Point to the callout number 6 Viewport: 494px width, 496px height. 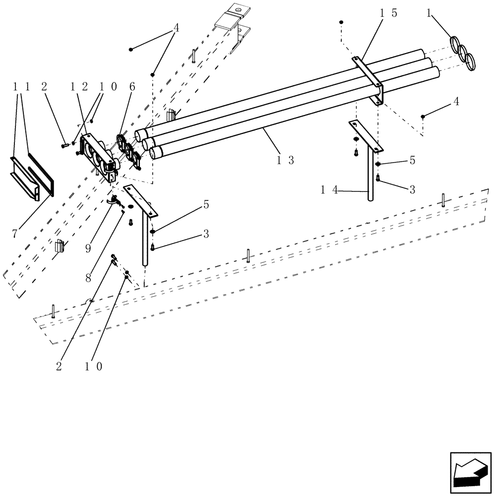[132, 86]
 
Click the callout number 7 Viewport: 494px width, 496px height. [15, 233]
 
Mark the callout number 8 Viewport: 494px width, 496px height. [88, 278]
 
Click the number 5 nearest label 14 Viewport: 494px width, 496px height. [412, 161]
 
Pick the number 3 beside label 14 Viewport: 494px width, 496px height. [412, 189]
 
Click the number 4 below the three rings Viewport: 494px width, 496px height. [456, 102]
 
